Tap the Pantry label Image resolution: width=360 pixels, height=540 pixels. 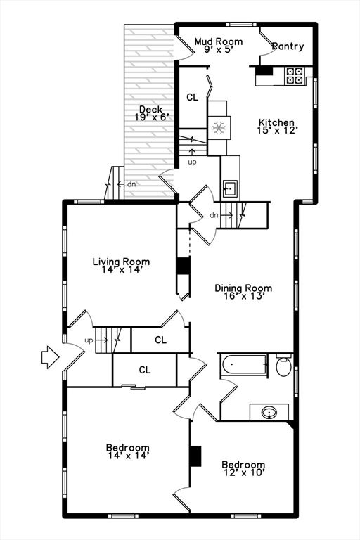(x=288, y=47)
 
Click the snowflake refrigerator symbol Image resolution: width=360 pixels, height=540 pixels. (x=219, y=128)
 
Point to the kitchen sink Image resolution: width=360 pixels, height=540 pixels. (x=230, y=188)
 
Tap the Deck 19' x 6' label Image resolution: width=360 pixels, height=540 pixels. (x=151, y=113)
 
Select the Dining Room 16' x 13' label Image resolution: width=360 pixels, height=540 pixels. (x=243, y=292)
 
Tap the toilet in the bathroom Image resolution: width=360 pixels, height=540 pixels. (x=284, y=366)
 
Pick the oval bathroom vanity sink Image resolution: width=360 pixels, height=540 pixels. (x=269, y=412)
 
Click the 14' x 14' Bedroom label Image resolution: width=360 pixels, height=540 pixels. (x=127, y=451)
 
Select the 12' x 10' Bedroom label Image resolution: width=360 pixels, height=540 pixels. (x=243, y=469)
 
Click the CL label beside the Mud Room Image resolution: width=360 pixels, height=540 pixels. (x=192, y=98)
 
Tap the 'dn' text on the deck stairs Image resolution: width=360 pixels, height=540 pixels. (x=130, y=184)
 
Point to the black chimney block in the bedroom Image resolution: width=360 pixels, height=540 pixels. (x=195, y=456)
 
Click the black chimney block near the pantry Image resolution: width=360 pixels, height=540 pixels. (x=264, y=70)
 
